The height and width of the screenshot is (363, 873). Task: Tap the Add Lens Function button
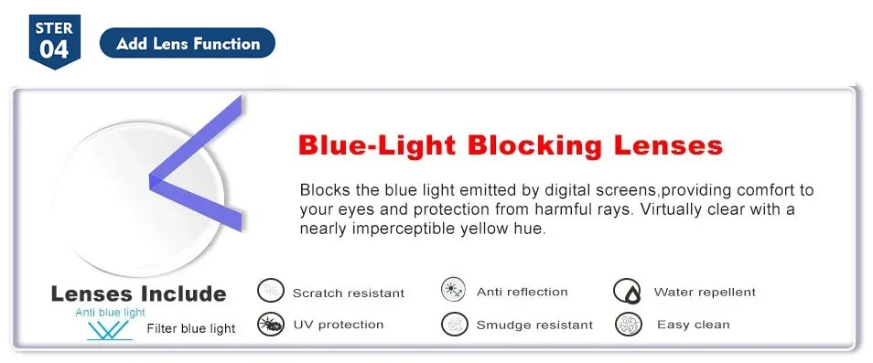(x=188, y=43)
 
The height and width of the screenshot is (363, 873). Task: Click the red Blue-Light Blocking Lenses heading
(x=511, y=144)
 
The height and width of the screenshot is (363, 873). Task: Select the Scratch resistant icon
(x=271, y=292)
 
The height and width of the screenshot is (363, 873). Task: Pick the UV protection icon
(x=271, y=324)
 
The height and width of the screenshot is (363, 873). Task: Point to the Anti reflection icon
(x=454, y=291)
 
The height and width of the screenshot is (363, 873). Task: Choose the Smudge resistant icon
(x=454, y=324)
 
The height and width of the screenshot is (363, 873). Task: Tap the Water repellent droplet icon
(x=627, y=292)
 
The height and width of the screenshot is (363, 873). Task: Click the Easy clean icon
(x=629, y=324)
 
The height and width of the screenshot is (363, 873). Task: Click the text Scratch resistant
(x=348, y=293)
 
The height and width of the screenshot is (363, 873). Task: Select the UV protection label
(x=338, y=325)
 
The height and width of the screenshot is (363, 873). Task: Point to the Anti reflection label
(x=522, y=292)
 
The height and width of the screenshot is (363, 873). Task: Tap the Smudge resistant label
(x=534, y=325)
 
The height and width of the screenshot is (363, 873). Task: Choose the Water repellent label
(x=705, y=292)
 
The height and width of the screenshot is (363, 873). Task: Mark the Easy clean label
(x=693, y=325)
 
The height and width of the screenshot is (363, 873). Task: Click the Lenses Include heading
(x=138, y=294)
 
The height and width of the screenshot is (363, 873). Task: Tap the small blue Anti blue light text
(x=110, y=313)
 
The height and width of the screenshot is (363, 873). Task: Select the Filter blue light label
(x=190, y=328)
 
